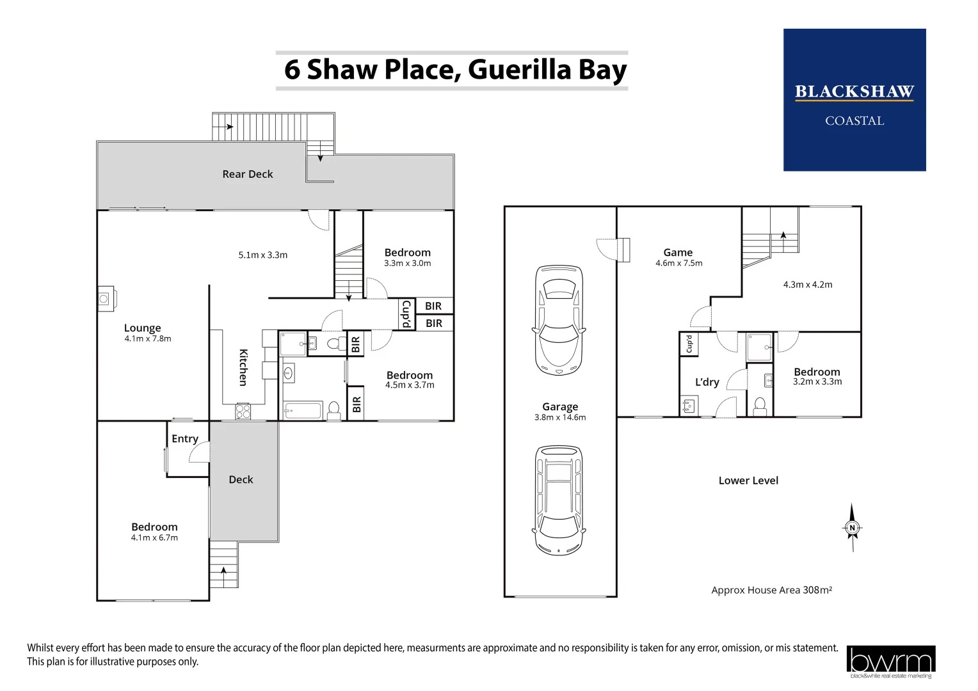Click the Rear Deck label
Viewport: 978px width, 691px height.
[247, 174]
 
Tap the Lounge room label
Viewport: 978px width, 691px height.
[142, 328]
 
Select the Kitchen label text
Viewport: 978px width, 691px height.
[243, 367]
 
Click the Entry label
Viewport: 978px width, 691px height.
[185, 438]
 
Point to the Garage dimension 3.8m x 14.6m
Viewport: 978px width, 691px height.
[560, 418]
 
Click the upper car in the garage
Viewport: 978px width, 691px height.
[559, 320]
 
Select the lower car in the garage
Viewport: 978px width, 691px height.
[559, 500]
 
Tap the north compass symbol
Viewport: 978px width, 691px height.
[852, 528]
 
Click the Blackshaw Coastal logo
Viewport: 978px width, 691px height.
[854, 100]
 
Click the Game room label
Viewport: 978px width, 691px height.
[678, 253]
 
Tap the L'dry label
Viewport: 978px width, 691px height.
[707, 382]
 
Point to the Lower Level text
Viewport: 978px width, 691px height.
[748, 481]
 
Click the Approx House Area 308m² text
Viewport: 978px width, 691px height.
[771, 590]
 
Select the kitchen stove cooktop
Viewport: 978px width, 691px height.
[243, 411]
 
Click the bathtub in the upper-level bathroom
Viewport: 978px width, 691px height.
[303, 410]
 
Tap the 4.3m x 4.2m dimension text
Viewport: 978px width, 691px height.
[808, 285]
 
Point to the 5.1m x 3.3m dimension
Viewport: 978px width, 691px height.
[262, 255]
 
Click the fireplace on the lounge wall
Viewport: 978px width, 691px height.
[106, 298]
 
